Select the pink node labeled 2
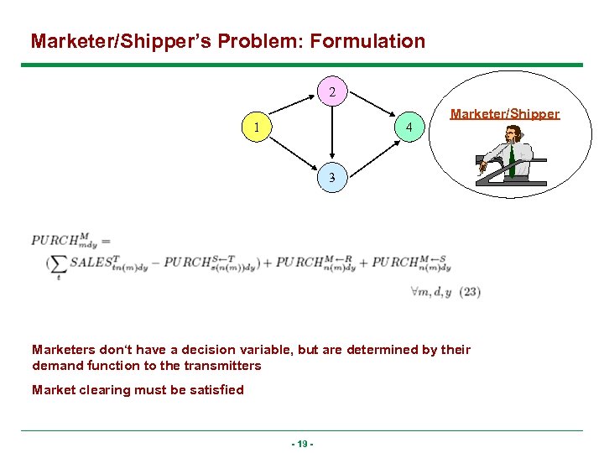coord(332,91)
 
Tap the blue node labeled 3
coord(332,177)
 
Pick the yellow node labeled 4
coord(409,128)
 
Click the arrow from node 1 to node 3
coord(293,152)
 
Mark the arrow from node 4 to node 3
coord(372,152)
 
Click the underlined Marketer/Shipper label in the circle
coord(504,114)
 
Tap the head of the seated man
coord(514,133)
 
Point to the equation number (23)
coord(470,292)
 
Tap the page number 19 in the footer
coord(302,443)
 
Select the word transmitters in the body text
coord(221,365)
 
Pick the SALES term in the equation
coord(92,263)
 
